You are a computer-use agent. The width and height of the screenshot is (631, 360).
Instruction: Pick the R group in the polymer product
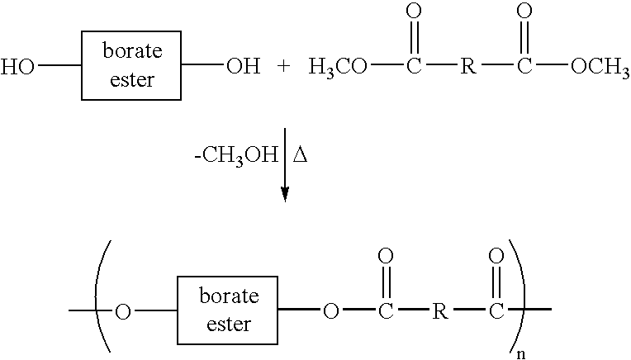[x=441, y=312]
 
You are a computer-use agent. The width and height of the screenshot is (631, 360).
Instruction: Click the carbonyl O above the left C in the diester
[x=413, y=13]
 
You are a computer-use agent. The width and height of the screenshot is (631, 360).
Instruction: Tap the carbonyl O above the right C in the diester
[x=524, y=13]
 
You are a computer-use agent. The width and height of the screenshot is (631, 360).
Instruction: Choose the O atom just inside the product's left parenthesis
[x=123, y=313]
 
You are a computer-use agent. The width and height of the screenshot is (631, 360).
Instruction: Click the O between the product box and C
[x=331, y=312]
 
